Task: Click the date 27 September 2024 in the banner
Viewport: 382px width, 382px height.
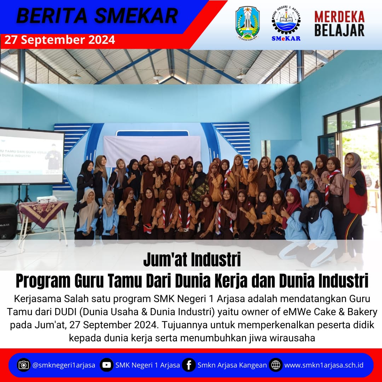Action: (60, 40)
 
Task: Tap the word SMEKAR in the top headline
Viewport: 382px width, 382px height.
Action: (136, 16)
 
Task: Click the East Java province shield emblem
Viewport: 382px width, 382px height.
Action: (248, 23)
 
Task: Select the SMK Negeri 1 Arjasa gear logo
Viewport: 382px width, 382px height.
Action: (286, 23)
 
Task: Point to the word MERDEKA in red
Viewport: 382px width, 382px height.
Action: (339, 17)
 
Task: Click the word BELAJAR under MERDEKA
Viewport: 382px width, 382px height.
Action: (339, 30)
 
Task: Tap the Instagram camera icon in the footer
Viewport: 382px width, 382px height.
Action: (24, 365)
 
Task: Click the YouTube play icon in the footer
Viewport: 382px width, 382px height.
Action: (106, 365)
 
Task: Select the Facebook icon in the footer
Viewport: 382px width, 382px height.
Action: (189, 365)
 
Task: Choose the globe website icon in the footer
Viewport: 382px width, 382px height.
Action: (276, 365)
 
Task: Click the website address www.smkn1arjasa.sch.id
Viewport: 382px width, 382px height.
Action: (324, 365)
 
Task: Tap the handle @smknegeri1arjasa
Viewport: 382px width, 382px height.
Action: (64, 365)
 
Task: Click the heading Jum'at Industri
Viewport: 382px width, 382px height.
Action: (192, 260)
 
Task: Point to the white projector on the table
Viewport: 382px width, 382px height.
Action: (46, 199)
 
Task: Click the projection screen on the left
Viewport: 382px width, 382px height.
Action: (31, 156)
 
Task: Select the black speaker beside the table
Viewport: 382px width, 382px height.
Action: (8, 221)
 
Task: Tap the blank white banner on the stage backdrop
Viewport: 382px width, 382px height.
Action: (152, 150)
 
